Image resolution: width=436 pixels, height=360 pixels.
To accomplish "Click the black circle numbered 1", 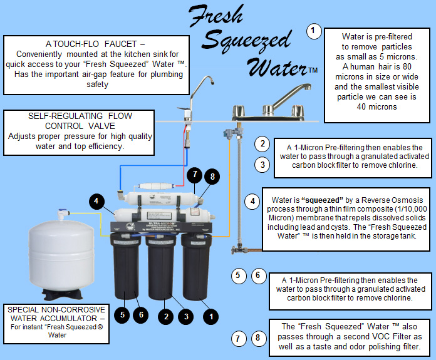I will pyautogui.click(x=211, y=317).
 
